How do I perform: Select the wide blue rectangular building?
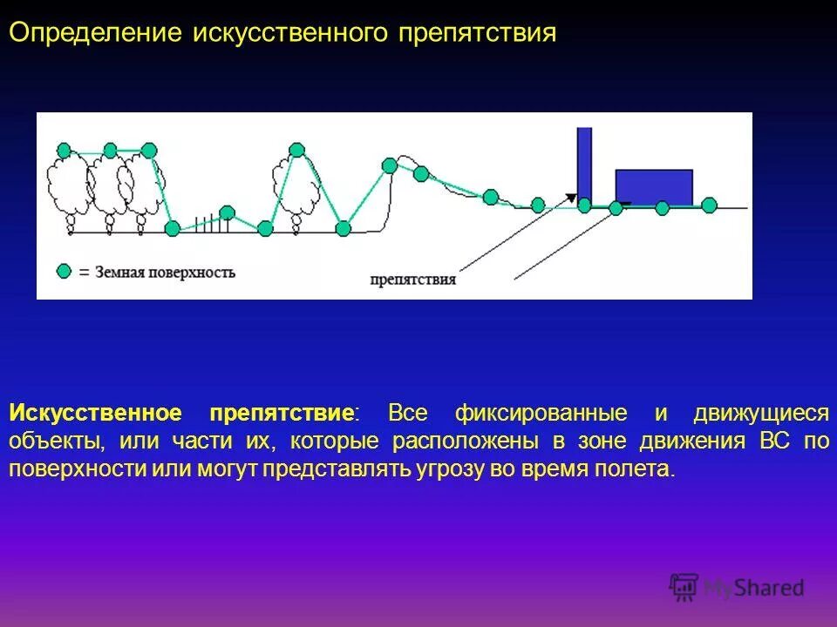(654, 186)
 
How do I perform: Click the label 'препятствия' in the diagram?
(413, 280)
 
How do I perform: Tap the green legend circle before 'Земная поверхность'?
(63, 271)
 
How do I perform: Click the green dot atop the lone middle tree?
(298, 150)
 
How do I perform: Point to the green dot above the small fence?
(228, 212)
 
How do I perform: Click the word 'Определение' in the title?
(95, 33)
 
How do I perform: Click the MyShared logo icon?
(684, 587)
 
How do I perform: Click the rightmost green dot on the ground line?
(709, 206)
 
